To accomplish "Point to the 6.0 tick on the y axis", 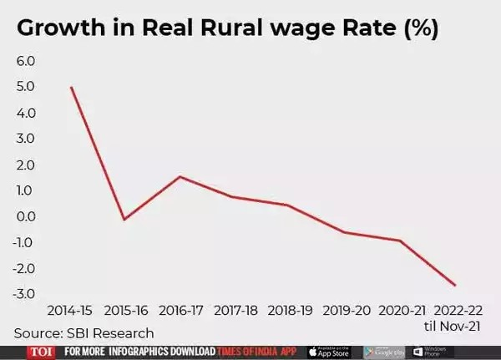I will tap(26, 61).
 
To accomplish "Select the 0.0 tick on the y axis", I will tap(26, 216).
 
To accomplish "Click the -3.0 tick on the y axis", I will tap(24, 294).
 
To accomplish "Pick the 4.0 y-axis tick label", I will tap(26, 113).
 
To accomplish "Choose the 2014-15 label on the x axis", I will tap(70, 311).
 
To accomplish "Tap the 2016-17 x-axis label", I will tap(180, 311).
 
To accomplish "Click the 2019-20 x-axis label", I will tap(346, 311).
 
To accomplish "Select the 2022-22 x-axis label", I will tap(455, 311).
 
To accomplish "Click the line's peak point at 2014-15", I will tap(70, 87).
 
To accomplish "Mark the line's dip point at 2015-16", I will tap(124, 220).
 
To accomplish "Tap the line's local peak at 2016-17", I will tap(180, 176).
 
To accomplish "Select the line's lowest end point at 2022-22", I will tap(455, 286).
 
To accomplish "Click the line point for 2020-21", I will tap(401, 241).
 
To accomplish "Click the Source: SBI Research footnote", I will tap(84, 333).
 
